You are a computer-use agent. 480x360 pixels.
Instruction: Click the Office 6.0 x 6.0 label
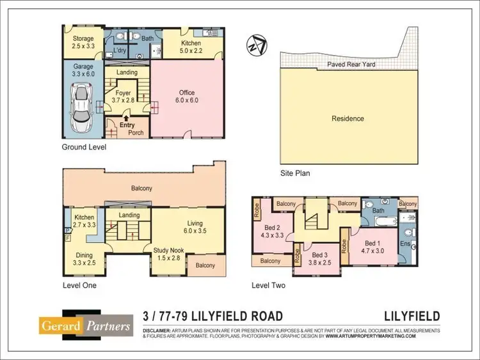click(187, 97)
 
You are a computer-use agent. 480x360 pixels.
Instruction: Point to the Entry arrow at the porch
click(127, 118)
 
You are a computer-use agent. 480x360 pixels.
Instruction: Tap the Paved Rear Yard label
click(351, 65)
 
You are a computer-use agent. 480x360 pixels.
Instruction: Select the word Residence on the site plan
click(348, 118)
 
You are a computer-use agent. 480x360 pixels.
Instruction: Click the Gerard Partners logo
click(85, 325)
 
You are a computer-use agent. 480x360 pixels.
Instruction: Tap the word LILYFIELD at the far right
click(412, 317)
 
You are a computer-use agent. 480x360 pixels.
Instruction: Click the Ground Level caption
click(84, 147)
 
